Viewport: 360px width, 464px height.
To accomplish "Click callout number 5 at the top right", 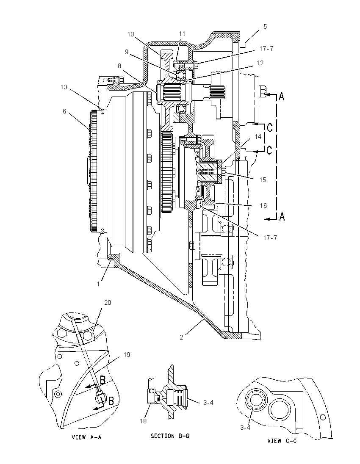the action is [x=265, y=27].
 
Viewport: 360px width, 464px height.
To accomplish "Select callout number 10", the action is [x=130, y=34].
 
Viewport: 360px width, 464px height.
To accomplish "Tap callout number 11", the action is [x=182, y=34].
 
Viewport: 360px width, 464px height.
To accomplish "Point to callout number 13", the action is [x=64, y=87].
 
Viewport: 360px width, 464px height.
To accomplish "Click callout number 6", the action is [x=64, y=111].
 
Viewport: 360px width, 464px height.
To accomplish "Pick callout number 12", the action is [x=260, y=63].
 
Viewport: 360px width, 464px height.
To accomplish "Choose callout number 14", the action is [x=258, y=136].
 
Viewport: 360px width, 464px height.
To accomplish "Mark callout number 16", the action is [x=263, y=206].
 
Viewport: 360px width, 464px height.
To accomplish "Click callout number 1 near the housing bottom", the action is [x=99, y=284].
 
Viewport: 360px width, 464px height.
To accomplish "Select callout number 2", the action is [x=181, y=337].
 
